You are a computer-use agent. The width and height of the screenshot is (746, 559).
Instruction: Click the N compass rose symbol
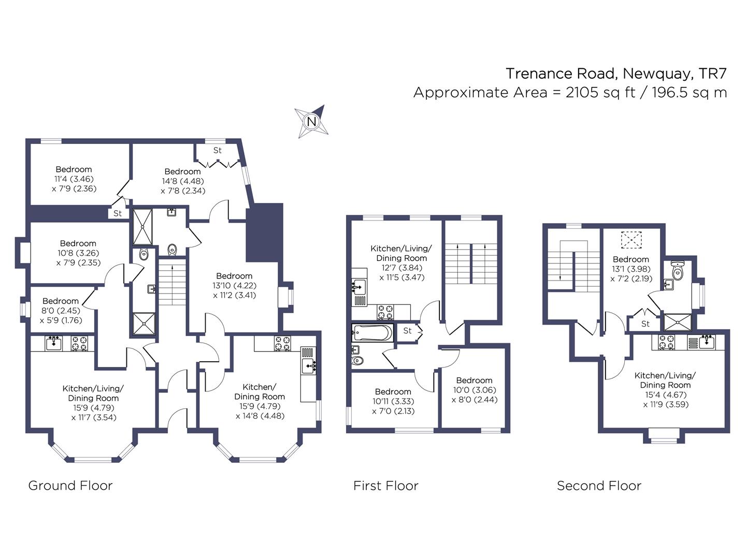pos(311,121)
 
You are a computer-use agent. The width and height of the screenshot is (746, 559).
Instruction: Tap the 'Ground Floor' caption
pos(70,486)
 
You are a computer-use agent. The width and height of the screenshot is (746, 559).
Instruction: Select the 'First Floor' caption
pos(386,486)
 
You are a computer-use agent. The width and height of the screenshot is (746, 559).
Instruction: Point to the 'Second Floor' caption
pos(599,486)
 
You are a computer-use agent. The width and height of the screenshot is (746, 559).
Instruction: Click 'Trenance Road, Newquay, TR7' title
pos(616,73)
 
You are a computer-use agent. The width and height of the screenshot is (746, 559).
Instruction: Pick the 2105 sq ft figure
pos(600,92)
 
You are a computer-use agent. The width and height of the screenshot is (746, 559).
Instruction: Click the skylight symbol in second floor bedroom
pos(631,240)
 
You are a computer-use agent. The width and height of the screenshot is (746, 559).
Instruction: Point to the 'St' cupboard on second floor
pos(645,324)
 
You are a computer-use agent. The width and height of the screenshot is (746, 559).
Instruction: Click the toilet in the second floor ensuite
pos(677,270)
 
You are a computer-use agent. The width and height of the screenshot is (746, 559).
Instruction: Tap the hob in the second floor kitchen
pos(666,342)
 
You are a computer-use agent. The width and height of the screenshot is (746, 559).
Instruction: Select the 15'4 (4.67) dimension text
pos(666,395)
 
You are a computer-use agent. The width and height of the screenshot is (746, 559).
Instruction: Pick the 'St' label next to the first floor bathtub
pos(407,331)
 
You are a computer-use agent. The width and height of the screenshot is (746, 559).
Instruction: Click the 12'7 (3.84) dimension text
pos(401,268)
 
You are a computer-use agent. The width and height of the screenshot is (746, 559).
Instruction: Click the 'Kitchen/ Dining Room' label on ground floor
pos(260,392)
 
